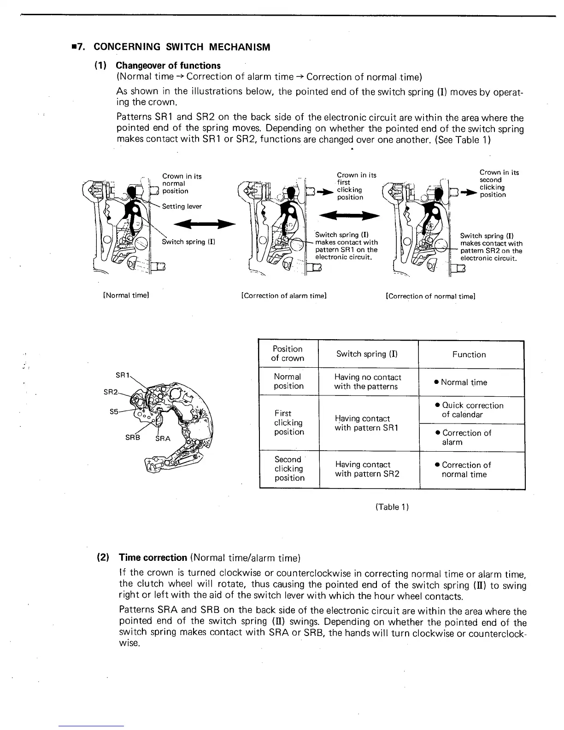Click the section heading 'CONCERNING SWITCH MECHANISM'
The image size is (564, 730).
(x=182, y=47)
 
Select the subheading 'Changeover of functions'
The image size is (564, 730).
(x=168, y=65)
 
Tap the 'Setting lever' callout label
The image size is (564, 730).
(x=182, y=206)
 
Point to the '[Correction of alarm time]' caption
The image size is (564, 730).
(x=284, y=295)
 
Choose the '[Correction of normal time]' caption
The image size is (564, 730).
(x=430, y=296)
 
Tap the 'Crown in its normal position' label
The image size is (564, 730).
(x=182, y=183)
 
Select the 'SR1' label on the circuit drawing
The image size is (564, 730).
(x=122, y=375)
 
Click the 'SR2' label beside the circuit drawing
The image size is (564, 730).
(x=110, y=392)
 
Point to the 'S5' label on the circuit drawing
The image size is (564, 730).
(x=114, y=412)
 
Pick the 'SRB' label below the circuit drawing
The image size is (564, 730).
(x=132, y=437)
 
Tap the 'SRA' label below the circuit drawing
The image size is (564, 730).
(x=163, y=438)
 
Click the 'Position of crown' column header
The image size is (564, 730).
(x=288, y=353)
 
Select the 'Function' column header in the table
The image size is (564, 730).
(x=469, y=354)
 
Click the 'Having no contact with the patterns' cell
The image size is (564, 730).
(x=367, y=382)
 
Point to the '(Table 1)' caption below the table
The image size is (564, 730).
(x=392, y=507)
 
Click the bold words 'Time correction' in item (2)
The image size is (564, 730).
(x=153, y=558)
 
